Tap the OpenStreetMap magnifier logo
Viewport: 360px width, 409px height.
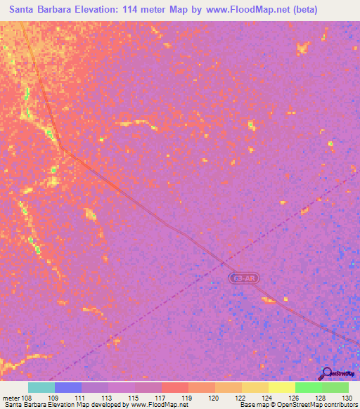point(326,373)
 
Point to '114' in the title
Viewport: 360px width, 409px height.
point(130,10)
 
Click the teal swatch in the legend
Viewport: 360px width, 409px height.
point(41,387)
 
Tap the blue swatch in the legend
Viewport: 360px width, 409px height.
point(68,387)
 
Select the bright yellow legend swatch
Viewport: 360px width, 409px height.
point(282,387)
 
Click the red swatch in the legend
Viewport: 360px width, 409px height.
point(175,387)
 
